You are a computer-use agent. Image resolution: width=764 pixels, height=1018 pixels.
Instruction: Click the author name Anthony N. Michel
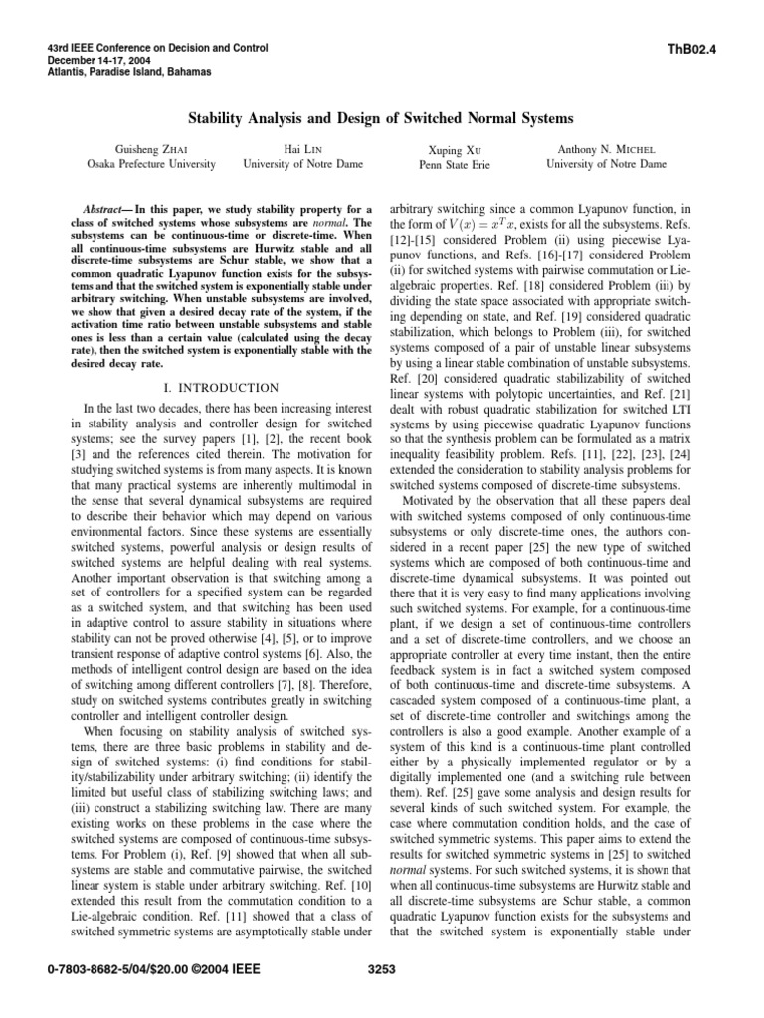coord(606,148)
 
